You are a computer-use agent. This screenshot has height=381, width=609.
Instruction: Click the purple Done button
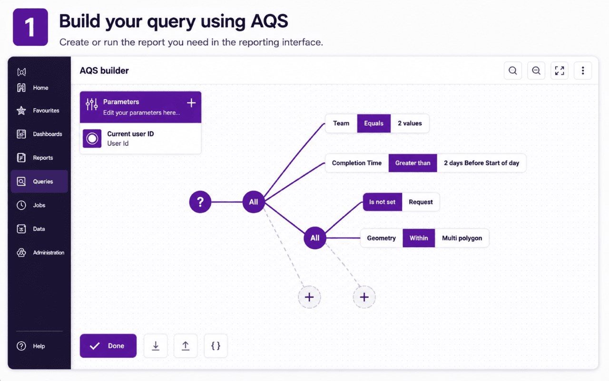pyautogui.click(x=108, y=346)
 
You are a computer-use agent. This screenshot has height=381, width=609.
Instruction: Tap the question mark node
pyautogui.click(x=200, y=202)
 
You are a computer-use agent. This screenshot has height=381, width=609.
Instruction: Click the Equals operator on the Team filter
pyautogui.click(x=374, y=123)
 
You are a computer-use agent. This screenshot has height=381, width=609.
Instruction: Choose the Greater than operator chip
pyautogui.click(x=413, y=163)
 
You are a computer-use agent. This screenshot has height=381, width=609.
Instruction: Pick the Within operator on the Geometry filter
pyautogui.click(x=419, y=238)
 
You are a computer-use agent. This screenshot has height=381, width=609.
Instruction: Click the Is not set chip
pyautogui.click(x=382, y=202)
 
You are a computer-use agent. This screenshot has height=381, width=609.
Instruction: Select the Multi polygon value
pyautogui.click(x=462, y=238)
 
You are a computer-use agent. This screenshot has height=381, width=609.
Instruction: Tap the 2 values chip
pyautogui.click(x=410, y=123)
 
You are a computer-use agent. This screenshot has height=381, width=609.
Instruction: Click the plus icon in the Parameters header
pyautogui.click(x=191, y=103)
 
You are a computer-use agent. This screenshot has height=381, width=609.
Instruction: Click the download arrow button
pyautogui.click(x=156, y=346)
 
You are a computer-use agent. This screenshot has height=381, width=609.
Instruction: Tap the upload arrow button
pyautogui.click(x=186, y=346)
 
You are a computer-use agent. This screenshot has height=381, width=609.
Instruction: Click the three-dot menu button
pyautogui.click(x=583, y=71)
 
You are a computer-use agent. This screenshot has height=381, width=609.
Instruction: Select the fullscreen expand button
pyautogui.click(x=559, y=71)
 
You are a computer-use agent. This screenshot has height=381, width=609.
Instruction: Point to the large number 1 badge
pyautogui.click(x=30, y=27)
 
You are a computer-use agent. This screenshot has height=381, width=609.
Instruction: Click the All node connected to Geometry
pyautogui.click(x=315, y=238)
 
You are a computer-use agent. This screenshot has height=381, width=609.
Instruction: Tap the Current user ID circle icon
pyautogui.click(x=92, y=139)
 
